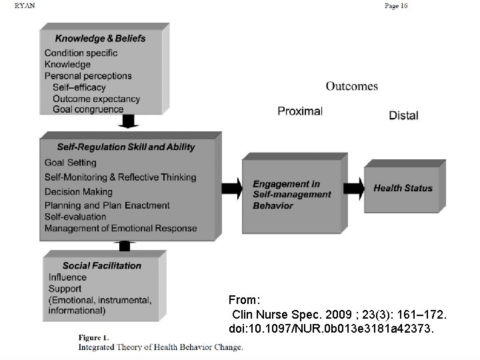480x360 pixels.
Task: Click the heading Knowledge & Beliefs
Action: pyautogui.click(x=100, y=38)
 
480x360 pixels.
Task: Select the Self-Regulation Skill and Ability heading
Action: pyautogui.click(x=126, y=147)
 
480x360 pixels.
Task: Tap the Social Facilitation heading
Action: pyautogui.click(x=102, y=265)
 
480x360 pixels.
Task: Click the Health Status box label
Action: pyautogui.click(x=403, y=188)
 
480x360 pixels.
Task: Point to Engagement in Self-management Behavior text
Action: pyautogui.click(x=292, y=195)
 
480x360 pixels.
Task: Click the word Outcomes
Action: pyautogui.click(x=351, y=86)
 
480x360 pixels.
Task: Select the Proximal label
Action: pyautogui.click(x=300, y=111)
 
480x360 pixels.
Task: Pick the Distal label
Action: pyautogui.click(x=403, y=115)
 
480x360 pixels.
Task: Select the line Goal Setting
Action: pyautogui.click(x=71, y=163)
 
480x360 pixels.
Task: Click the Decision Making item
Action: pyautogui.click(x=79, y=191)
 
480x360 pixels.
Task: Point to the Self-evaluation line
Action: pyautogui.click(x=75, y=217)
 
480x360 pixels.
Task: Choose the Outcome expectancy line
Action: pyautogui.click(x=97, y=99)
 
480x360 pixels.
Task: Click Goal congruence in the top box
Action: pyautogui.click(x=88, y=109)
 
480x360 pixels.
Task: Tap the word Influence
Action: pyautogui.click(x=67, y=277)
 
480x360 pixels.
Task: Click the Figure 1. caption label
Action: pyautogui.click(x=93, y=337)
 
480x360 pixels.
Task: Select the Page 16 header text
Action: pyautogui.click(x=396, y=6)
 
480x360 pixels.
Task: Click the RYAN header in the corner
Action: pyautogui.click(x=25, y=5)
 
